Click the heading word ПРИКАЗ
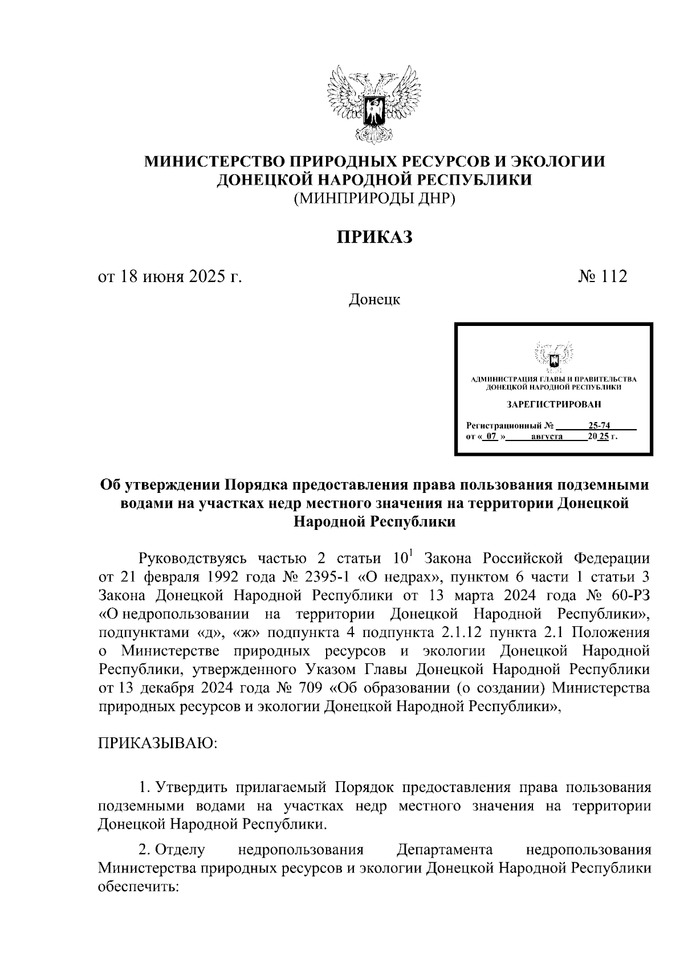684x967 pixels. pos(373,237)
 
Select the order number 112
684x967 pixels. pos(614,277)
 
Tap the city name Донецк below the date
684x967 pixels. pos(374,299)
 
